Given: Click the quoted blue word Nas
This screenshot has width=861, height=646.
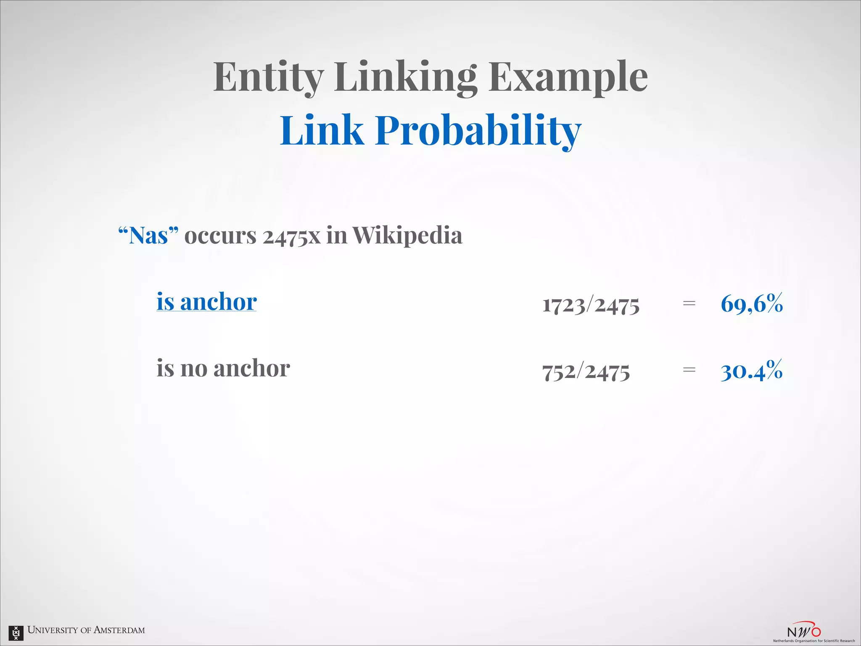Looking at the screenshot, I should pos(148,236).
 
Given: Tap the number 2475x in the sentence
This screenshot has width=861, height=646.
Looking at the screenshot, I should pos(291,236).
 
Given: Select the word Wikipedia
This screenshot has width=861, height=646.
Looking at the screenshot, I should pos(407,236).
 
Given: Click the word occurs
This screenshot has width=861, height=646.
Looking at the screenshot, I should pos(220,236).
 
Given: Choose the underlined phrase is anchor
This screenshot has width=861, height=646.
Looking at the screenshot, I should pos(206,302).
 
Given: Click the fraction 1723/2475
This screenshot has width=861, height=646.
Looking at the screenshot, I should pos(591,304).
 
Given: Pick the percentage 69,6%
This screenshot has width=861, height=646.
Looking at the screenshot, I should pos(752,304).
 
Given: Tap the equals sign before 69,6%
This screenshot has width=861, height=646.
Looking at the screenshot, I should pos(689,303).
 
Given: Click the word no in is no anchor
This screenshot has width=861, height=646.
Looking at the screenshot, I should pos(194,369).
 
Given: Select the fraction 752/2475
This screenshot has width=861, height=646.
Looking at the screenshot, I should pos(586,371).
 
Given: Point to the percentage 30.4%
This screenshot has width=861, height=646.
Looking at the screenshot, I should pos(752,371).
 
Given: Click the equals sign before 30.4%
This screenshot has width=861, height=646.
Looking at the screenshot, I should pos(689,370).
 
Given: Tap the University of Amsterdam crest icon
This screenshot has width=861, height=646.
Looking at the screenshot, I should pos(16,632).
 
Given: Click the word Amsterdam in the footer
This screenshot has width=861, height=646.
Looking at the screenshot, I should pos(119,630).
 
